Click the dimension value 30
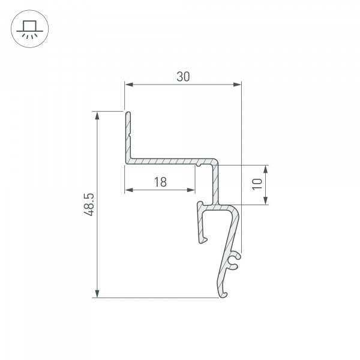click(183, 76)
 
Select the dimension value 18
click(160, 182)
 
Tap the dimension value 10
click(256, 184)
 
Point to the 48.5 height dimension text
click(89, 205)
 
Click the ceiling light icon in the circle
click(28, 28)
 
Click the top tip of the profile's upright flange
click(127, 112)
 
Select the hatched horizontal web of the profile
click(162, 161)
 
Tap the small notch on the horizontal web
click(197, 163)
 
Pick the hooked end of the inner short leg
click(204, 240)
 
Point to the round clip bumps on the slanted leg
click(235, 259)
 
